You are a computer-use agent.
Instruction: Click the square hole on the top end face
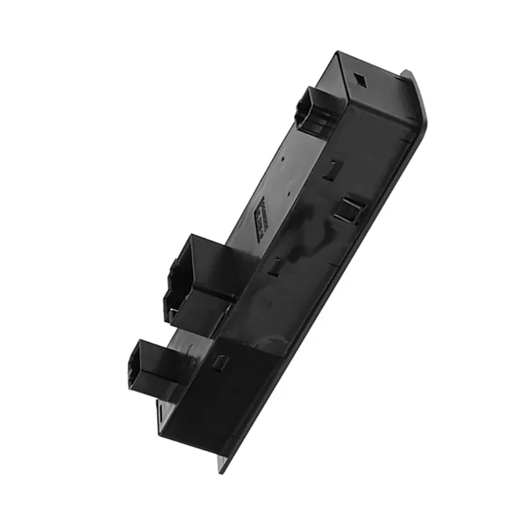click(x=360, y=78)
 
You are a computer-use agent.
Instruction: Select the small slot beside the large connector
click(x=276, y=265)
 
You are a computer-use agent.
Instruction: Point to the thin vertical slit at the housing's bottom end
click(x=161, y=413)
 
